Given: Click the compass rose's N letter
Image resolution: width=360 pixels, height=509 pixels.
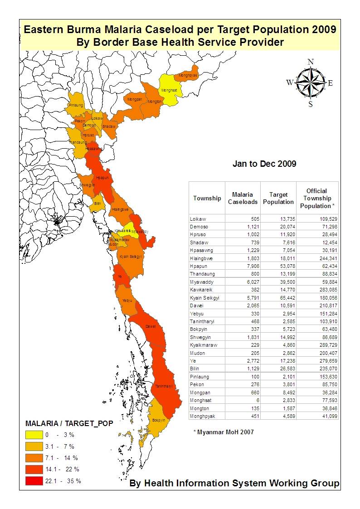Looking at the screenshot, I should tap(311, 62).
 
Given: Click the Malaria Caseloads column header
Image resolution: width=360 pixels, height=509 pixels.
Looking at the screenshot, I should tap(242, 198).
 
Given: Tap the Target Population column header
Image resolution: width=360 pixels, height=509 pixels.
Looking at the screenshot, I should tap(278, 198).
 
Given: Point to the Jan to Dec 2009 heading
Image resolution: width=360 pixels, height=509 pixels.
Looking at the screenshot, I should tap(264, 164).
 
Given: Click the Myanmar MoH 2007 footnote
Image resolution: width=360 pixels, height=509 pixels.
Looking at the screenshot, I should tap(224, 432).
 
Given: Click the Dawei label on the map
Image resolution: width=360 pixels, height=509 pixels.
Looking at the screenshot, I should tap(151, 326).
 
